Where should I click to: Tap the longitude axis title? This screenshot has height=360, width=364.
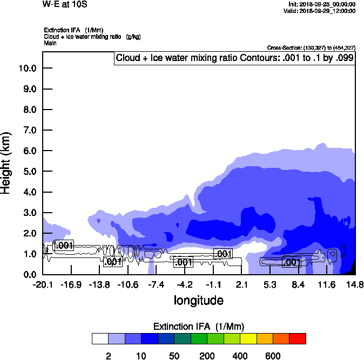[198, 300]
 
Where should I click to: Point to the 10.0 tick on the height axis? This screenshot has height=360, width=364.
[27, 69]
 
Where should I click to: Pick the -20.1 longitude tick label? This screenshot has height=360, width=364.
[42, 284]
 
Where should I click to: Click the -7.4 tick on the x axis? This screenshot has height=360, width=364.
[156, 284]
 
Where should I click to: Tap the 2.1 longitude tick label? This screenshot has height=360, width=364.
[241, 284]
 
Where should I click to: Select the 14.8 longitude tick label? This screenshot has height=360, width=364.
[355, 284]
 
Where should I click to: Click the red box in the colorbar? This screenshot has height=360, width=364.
[298, 338]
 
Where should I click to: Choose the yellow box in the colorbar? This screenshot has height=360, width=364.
[248, 338]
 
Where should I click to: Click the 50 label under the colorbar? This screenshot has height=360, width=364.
[174, 356]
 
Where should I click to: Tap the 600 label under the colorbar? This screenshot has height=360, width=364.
[273, 356]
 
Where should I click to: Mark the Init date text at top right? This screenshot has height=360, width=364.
[322, 4]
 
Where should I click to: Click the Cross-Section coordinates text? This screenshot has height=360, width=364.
[311, 48]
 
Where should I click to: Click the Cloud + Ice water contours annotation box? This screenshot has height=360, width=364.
[235, 58]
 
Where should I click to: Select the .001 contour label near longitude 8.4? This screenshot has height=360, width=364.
[292, 262]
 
